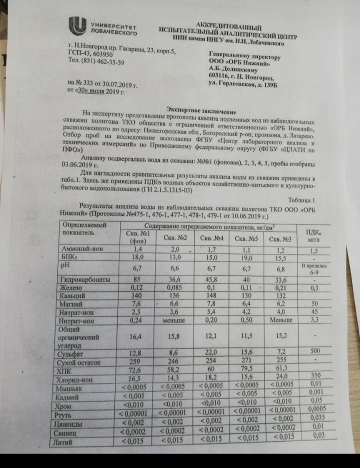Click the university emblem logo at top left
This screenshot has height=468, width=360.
click(x=78, y=26)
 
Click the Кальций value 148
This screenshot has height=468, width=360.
click(x=211, y=296)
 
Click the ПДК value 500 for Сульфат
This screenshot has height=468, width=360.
click(x=315, y=351)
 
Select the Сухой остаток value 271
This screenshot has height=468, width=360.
click(x=246, y=361)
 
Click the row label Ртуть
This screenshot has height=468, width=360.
click(x=69, y=414)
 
